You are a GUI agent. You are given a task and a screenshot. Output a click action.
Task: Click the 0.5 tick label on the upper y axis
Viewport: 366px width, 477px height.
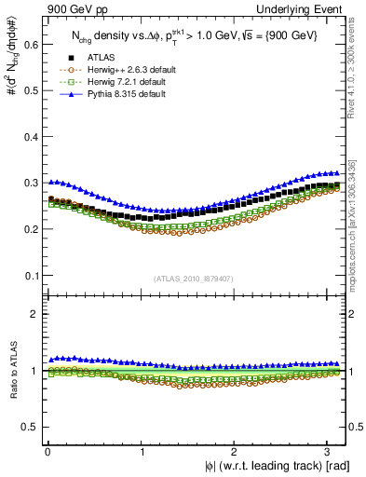(x=28, y=89)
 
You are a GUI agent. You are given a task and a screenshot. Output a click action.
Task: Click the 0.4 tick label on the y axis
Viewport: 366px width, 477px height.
(x=28, y=136)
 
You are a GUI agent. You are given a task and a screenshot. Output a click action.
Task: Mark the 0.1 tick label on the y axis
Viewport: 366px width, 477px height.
(x=28, y=276)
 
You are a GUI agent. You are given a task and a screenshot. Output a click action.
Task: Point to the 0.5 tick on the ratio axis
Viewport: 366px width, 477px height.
(x=28, y=427)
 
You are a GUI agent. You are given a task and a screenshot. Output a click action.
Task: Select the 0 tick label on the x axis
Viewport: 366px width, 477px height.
(x=47, y=451)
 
